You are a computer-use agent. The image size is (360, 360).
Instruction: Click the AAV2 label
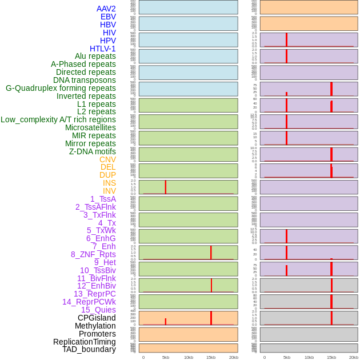[106, 9]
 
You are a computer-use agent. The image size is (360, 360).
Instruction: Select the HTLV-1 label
[102, 49]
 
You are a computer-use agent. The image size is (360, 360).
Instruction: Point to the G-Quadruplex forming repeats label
[61, 88]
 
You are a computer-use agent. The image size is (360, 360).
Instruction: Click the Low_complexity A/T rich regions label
[58, 119]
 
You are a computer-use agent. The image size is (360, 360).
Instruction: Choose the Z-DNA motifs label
[92, 151]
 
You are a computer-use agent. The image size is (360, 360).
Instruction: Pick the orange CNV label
[107, 159]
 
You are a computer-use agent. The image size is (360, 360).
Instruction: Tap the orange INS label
[109, 183]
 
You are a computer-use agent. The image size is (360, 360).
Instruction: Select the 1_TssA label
[103, 199]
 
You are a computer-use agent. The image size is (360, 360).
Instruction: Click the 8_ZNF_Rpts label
[93, 254]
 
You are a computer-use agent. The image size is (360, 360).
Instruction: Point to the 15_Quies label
[98, 310]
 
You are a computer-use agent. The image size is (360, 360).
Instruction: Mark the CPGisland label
[97, 318]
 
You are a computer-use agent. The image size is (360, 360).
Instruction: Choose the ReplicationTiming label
[84, 342]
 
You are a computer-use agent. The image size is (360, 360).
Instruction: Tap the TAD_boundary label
[89, 349]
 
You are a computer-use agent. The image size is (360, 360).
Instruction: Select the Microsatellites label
[90, 127]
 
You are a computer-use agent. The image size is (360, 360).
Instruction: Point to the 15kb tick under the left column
[211, 357]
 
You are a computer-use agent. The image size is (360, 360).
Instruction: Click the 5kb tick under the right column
[286, 357]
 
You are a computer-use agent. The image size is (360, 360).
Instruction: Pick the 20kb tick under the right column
[354, 357]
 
